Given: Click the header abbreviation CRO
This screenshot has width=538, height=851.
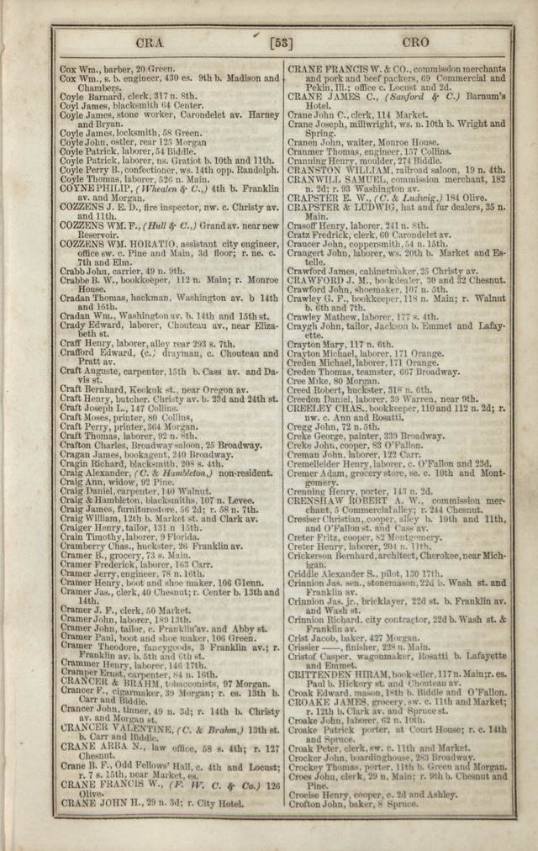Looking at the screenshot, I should (x=415, y=41).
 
